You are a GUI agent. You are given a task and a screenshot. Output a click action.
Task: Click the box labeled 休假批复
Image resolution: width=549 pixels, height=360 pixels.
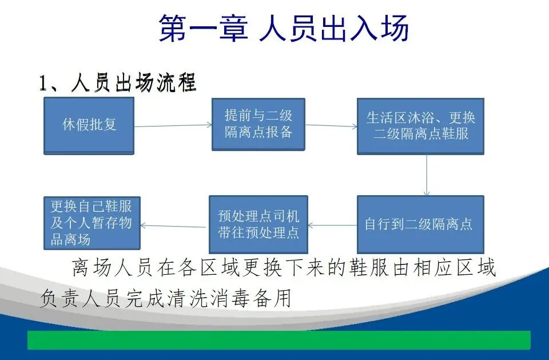[89, 125]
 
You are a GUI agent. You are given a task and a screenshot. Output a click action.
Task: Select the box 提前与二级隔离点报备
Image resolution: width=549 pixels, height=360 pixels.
[258, 124]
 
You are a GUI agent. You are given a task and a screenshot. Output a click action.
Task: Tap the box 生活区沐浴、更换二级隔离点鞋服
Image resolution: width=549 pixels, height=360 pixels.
[421, 126]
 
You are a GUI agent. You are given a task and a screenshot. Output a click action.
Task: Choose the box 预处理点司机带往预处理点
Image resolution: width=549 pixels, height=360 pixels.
[258, 224]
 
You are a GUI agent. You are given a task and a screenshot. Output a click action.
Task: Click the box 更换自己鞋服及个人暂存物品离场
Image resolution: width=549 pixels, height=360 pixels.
[91, 223]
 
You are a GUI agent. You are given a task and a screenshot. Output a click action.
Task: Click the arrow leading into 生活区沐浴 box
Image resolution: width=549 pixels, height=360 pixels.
[331, 125]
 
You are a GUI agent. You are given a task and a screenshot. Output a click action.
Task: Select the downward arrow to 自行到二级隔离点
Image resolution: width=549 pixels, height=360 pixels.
[427, 175]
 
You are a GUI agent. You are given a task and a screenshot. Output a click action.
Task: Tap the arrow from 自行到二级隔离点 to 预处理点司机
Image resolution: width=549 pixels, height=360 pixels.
[332, 225]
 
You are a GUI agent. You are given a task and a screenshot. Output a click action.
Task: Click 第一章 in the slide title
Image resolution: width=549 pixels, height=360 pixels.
[203, 29]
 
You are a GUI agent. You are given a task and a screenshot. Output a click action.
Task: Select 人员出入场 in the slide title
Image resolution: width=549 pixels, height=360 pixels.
[334, 29]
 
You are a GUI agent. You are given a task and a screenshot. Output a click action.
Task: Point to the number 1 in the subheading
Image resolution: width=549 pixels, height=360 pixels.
[43, 84]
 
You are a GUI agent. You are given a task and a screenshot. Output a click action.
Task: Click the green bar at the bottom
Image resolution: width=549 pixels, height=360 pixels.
[279, 340]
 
